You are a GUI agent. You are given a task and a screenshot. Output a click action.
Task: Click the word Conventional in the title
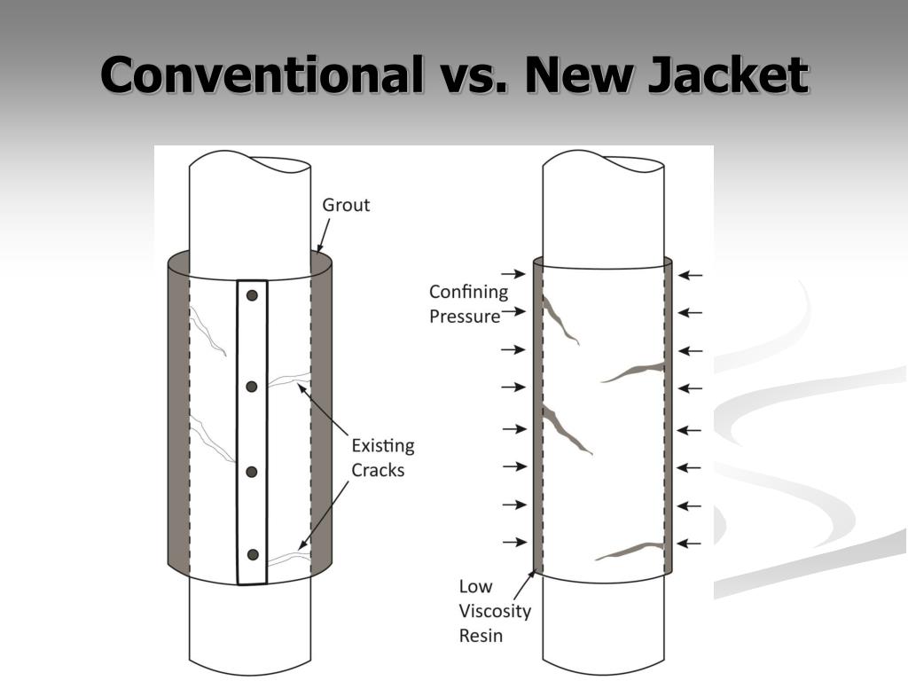coord(262,74)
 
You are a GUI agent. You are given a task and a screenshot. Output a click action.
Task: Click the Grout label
coord(346,205)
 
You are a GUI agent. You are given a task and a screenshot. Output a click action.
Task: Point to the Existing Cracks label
coord(383,458)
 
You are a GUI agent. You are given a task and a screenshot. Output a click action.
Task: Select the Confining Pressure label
coord(468,303)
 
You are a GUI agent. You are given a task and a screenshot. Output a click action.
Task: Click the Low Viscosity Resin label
coord(495,611)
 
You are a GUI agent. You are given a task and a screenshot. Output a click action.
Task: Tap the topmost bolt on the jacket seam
coord(252,295)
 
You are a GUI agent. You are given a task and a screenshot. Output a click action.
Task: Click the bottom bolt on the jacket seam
coord(253,555)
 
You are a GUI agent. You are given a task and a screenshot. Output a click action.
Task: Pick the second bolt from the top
coord(252,386)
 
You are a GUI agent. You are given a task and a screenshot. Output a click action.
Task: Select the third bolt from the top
coord(252,471)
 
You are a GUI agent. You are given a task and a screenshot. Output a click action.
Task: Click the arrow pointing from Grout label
coord(324,235)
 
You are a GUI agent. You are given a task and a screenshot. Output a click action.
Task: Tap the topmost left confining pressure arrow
coord(513,275)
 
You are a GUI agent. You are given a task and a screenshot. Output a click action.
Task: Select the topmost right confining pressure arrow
coord(690,276)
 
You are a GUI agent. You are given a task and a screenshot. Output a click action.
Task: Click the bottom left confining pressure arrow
coord(513,542)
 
